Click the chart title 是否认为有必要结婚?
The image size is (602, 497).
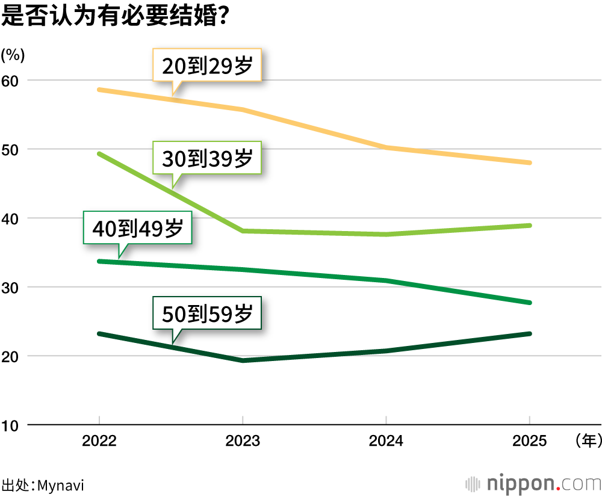pos(114,16)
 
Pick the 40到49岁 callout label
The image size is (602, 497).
pos(137,228)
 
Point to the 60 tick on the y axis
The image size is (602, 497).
pos(11,81)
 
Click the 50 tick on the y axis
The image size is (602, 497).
pos(11,149)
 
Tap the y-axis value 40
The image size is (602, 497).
pos(11,218)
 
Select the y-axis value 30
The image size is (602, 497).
pos(11,288)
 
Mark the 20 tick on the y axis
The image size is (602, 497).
pos(11,356)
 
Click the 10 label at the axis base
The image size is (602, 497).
pos(11,425)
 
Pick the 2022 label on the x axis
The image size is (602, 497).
pos(99,442)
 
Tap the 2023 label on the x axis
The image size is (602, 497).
pos(243,442)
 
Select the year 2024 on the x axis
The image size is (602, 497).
pos(386,442)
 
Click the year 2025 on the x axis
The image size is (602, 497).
pos(529,442)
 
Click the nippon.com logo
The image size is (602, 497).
pos(533,484)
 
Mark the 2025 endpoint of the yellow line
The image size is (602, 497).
pos(529,162)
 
